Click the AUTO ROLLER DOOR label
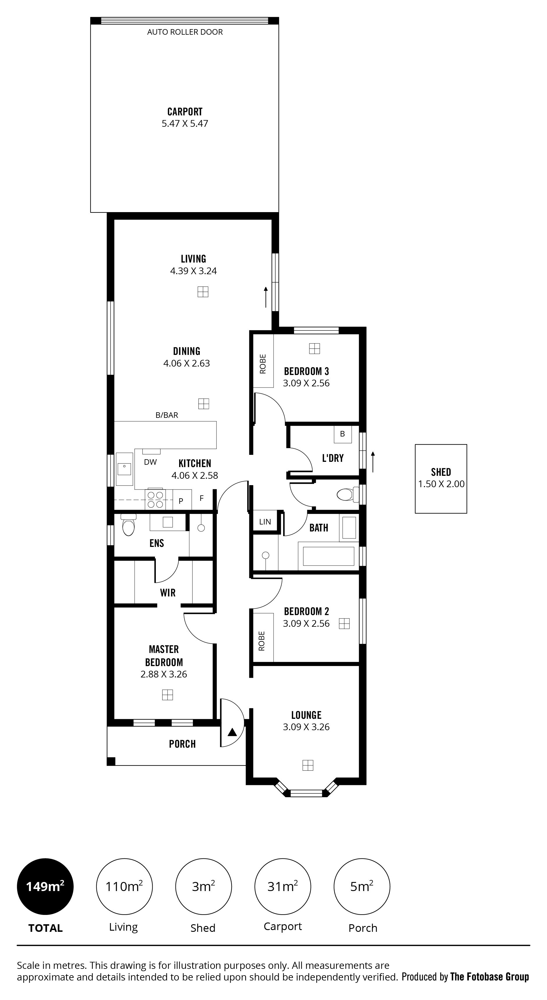[x=185, y=32]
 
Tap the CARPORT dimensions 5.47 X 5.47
[x=185, y=124]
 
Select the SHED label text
[x=441, y=472]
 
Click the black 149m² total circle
[x=45, y=887]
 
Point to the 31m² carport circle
[x=283, y=887]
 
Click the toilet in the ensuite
[x=128, y=525]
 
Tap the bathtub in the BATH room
[x=328, y=556]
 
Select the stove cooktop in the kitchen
[x=155, y=500]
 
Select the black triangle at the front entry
[x=232, y=733]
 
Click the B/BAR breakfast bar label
[x=167, y=415]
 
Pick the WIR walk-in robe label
[x=167, y=593]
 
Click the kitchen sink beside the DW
[x=124, y=469]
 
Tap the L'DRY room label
[x=333, y=458]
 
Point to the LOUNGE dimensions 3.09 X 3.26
[x=306, y=727]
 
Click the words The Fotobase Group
[x=490, y=977]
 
